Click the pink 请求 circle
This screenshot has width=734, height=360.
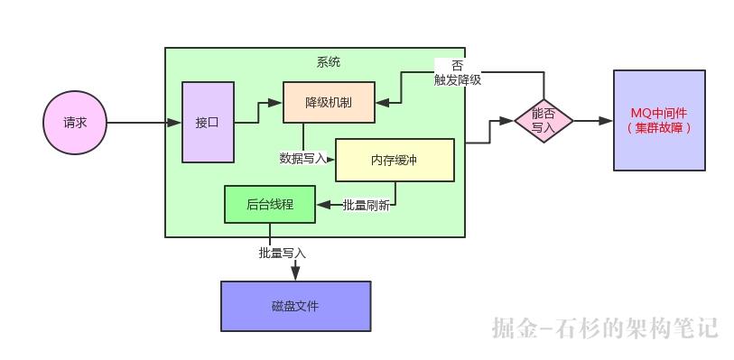click(x=75, y=123)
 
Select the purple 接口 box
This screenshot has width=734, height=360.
click(x=208, y=122)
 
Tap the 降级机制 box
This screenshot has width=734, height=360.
click(x=329, y=103)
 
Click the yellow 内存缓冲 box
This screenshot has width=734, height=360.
click(x=395, y=160)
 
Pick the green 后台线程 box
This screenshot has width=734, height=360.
click(x=270, y=204)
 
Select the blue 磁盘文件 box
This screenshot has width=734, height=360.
click(x=295, y=306)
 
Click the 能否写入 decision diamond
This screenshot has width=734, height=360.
click(x=544, y=121)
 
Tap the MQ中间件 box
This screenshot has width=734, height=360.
click(x=659, y=120)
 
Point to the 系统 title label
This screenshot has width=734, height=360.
click(x=329, y=62)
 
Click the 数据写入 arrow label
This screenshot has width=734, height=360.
click(x=302, y=159)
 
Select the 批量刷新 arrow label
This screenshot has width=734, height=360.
click(x=366, y=205)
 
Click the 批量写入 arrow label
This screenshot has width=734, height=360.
click(x=282, y=254)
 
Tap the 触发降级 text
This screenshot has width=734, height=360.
click(x=457, y=79)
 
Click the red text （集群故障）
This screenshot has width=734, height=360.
click(x=659, y=128)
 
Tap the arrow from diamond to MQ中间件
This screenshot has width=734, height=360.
click(x=591, y=121)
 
